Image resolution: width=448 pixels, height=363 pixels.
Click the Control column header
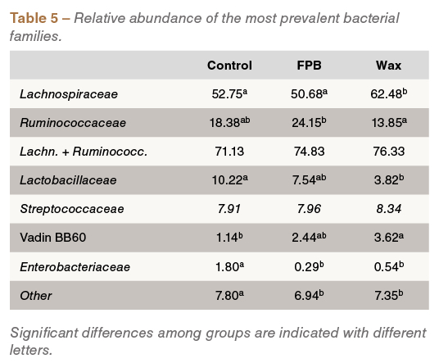point(229,66)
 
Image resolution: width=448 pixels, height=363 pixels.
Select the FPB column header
point(309,66)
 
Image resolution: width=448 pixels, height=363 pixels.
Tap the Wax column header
point(388,66)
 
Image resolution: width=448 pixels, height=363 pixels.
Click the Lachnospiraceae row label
point(69,94)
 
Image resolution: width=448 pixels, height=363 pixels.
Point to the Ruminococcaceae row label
point(73,123)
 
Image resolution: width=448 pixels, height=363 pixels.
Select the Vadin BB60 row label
point(53,238)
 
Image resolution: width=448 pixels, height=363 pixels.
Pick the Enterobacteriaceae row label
point(75,267)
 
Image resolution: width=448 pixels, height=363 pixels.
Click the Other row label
point(36,296)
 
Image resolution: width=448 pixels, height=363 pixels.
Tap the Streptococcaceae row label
point(72,209)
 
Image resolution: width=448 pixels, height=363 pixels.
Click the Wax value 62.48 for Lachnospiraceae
point(388,93)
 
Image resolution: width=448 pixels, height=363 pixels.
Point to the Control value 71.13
point(229,152)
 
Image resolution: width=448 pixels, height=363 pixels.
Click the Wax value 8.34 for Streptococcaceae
point(388,209)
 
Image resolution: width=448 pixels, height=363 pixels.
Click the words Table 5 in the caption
point(34,18)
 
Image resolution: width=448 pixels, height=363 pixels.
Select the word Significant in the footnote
point(44,333)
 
